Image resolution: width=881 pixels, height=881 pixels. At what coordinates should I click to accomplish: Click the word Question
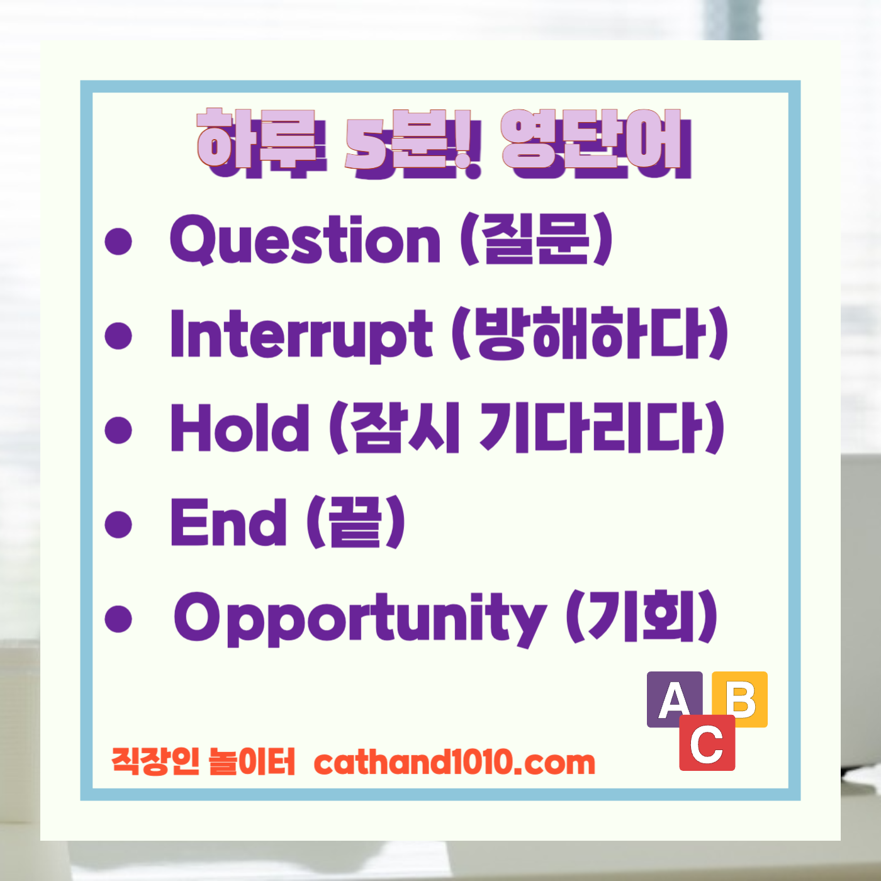(305, 240)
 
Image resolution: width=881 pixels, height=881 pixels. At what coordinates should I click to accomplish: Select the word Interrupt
(301, 334)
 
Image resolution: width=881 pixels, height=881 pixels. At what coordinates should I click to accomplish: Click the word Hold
(240, 428)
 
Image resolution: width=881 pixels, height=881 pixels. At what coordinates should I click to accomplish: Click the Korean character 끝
(356, 522)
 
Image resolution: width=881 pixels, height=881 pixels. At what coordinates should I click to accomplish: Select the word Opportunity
(359, 618)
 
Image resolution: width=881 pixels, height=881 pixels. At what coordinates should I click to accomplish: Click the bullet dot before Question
(118, 241)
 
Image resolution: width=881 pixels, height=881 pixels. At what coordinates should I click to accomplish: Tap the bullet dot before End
(118, 524)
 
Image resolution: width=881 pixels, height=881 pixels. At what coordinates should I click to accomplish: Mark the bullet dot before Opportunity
(118, 618)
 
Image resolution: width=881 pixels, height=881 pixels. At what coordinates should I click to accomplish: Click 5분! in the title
(413, 142)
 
